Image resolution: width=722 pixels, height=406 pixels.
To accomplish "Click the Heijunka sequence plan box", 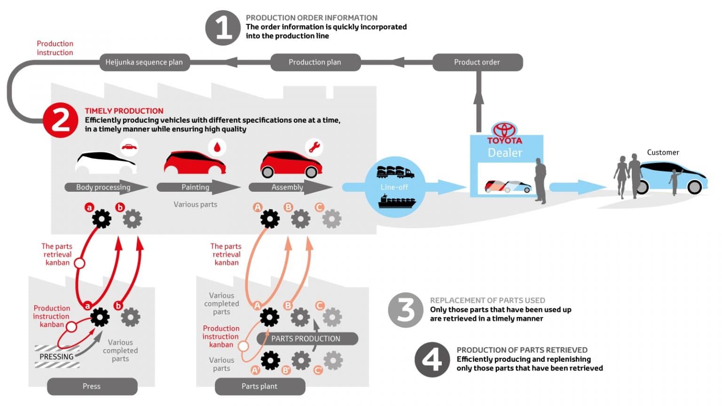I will [x=144, y=62].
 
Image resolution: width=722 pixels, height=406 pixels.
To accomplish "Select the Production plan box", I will [x=315, y=62].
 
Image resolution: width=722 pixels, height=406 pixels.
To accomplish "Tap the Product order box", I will [x=477, y=62].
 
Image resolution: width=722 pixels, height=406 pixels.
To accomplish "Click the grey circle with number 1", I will [x=223, y=28].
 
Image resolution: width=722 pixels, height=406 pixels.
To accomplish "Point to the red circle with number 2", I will [x=60, y=120].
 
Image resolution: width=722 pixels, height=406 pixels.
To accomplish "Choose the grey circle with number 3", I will [x=406, y=310].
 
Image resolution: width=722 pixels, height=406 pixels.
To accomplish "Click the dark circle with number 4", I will [x=432, y=359].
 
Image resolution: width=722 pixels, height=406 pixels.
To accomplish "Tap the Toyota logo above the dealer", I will [x=504, y=130].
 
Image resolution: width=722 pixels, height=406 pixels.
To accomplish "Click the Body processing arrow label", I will [x=103, y=187].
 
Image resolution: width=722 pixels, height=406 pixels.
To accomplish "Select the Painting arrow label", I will [x=196, y=187].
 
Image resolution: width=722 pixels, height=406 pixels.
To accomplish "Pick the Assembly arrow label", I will [x=287, y=187].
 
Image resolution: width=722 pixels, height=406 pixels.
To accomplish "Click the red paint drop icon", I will [x=217, y=147].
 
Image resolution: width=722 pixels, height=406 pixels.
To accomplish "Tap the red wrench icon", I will [x=314, y=147].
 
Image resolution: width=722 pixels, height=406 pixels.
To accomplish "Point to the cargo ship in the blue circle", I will [x=397, y=202].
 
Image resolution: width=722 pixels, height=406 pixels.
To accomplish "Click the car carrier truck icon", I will [x=395, y=172].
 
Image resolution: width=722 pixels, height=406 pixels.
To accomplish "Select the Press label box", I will [x=92, y=386].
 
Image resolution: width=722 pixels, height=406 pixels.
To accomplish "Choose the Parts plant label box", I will [x=259, y=386].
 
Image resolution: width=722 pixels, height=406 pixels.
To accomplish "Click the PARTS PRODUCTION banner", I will [x=306, y=339].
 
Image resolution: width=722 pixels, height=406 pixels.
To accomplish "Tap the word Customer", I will [x=663, y=152].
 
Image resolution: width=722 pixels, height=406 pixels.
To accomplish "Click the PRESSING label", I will [x=56, y=357].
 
